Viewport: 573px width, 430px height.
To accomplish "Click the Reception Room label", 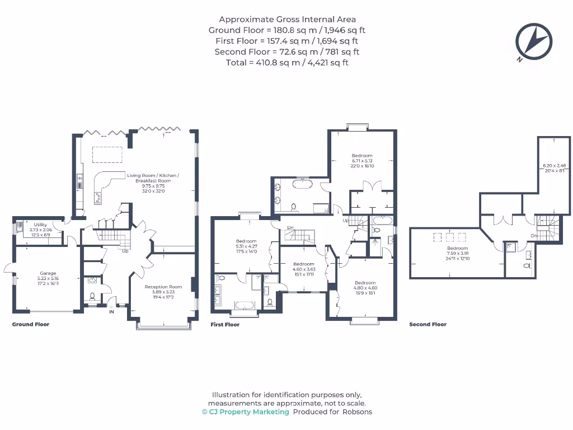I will (163, 287).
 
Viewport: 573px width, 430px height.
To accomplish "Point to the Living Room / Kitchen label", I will (153, 178).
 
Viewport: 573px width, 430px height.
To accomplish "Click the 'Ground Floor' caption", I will (31, 324).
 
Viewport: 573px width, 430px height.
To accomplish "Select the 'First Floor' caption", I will (225, 324).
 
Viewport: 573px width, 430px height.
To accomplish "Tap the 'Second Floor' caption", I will (428, 324).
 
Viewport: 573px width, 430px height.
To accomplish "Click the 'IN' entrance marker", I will (111, 311).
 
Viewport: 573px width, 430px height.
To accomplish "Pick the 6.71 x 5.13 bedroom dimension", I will (362, 161).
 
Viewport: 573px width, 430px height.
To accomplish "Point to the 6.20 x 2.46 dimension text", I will (555, 166).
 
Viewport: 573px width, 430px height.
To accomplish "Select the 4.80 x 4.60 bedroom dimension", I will (365, 288).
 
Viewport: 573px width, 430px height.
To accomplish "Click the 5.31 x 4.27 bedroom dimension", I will (246, 246).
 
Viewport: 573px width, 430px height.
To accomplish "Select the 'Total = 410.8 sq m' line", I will (287, 63).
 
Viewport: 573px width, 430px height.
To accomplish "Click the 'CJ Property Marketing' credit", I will (246, 412).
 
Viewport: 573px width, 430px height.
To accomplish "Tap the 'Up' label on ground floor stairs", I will (125, 251).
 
